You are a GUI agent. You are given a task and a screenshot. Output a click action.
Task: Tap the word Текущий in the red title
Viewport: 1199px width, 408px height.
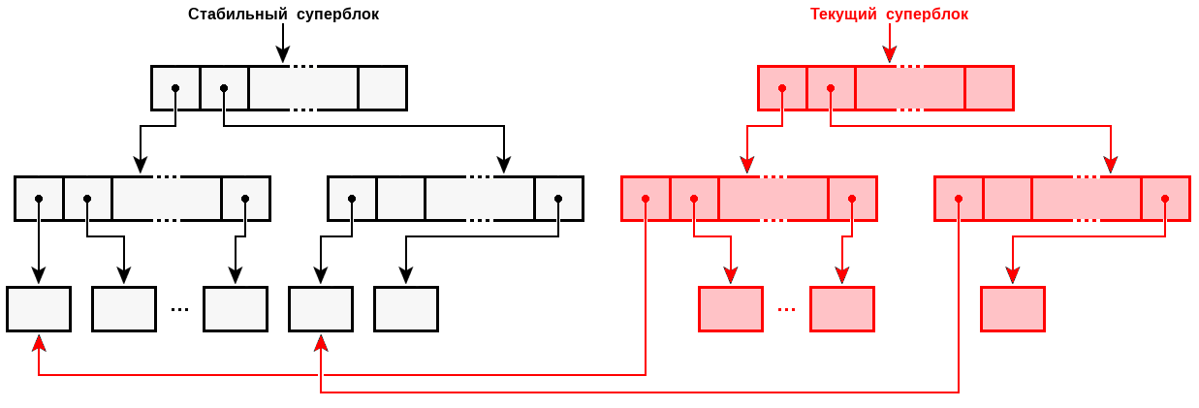click(843, 15)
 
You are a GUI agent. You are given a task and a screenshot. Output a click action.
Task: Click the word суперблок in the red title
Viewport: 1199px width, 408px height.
click(927, 15)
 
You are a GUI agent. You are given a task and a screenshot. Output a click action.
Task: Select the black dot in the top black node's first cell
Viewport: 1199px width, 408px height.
click(175, 88)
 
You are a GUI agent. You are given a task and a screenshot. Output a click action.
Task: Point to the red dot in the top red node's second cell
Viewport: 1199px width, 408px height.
click(831, 88)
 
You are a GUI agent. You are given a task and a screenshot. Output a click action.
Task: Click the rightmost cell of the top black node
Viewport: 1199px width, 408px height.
click(382, 88)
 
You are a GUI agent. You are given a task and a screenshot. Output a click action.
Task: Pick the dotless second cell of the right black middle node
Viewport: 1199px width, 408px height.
click(400, 199)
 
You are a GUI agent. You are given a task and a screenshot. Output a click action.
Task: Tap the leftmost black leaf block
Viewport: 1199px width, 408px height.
click(39, 309)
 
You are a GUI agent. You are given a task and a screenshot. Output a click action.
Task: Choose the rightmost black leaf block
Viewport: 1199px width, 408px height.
click(406, 309)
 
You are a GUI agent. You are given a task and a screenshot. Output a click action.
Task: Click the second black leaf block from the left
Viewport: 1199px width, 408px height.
click(124, 309)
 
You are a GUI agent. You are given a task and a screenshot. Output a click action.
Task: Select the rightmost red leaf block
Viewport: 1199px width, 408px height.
click(1013, 309)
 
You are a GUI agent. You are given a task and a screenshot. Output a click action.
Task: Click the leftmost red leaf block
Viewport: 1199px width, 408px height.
click(731, 309)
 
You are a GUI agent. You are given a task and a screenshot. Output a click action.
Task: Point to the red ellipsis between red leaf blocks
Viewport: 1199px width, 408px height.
click(786, 310)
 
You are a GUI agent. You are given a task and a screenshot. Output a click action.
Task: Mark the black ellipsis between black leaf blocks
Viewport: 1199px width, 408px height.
click(179, 310)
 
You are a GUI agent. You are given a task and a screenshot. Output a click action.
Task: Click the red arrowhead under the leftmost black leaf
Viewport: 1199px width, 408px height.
click(39, 342)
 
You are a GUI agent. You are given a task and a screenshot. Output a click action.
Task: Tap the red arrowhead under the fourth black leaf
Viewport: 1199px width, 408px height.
click(321, 342)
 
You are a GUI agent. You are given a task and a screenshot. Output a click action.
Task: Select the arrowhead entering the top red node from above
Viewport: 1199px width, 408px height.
click(890, 55)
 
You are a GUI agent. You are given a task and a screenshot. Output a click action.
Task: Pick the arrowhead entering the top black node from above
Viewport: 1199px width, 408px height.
click(283, 55)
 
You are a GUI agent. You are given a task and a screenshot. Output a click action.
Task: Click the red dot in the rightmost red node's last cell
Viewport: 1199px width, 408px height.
click(1165, 199)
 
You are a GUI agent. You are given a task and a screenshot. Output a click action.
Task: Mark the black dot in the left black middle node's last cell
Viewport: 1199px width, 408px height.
click(245, 199)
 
